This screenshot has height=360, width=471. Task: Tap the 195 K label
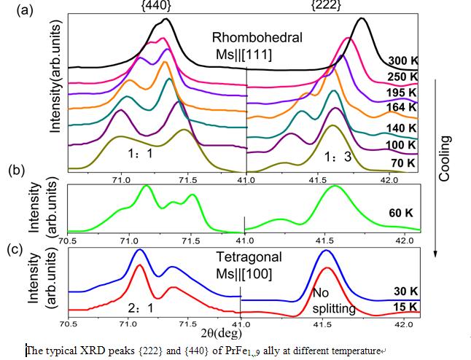401,93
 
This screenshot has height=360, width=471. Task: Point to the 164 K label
401,108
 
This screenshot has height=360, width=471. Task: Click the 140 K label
401,128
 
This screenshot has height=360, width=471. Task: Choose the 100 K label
401,146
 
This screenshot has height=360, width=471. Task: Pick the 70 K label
403,163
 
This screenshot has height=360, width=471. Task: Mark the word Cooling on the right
444,157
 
